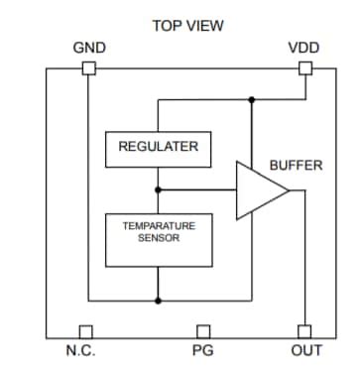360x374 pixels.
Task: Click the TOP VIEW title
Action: pyautogui.click(x=187, y=25)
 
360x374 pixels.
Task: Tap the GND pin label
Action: pyautogui.click(x=89, y=47)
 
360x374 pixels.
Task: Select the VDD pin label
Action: pyautogui.click(x=303, y=47)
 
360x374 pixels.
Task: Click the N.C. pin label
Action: pyautogui.click(x=80, y=350)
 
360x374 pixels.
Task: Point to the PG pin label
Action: pyautogui.click(x=202, y=350)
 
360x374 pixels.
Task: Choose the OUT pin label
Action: pyautogui.click(x=306, y=350)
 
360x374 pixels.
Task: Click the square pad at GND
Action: pyautogui.click(x=88, y=68)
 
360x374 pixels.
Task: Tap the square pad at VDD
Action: pyautogui.click(x=304, y=68)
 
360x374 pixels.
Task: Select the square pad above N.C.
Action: pyautogui.click(x=85, y=331)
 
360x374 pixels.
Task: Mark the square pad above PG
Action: pyautogui.click(x=203, y=331)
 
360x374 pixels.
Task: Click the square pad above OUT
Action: pyautogui.click(x=304, y=331)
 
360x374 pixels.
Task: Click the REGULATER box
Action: pyautogui.click(x=158, y=148)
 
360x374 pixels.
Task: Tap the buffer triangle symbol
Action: pyautogui.click(x=259, y=188)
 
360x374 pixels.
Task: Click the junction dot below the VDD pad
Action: pyautogui.click(x=252, y=99)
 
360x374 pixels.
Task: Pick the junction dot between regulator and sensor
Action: pyautogui.click(x=158, y=188)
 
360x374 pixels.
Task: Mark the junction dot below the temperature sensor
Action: pyautogui.click(x=158, y=300)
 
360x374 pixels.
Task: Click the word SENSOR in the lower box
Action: pyautogui.click(x=159, y=239)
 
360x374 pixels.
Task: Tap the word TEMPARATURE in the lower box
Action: pyautogui.click(x=159, y=226)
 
